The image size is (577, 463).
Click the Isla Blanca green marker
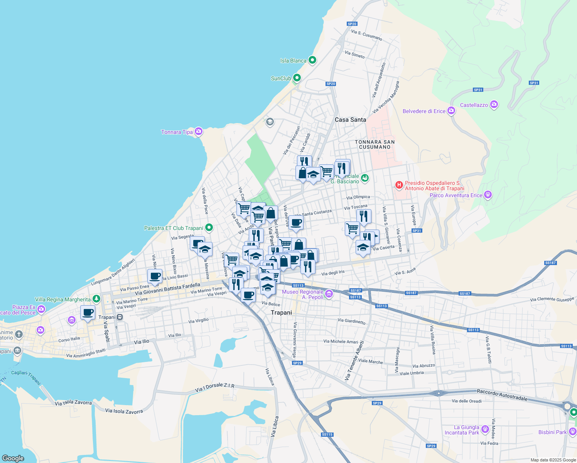[313, 60]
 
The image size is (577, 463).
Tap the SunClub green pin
[297, 78]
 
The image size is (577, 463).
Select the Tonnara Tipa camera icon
[198, 132]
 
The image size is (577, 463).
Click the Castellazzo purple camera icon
[494, 105]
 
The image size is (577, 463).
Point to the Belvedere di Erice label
[424, 111]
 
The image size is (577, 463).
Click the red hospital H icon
[399, 186]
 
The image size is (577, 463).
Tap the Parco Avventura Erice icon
[488, 194]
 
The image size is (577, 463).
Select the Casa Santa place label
[350, 120]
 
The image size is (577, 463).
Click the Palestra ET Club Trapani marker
[209, 228]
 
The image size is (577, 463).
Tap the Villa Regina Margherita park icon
[96, 299]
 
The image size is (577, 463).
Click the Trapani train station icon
[120, 317]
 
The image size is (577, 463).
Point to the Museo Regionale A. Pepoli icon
[329, 294]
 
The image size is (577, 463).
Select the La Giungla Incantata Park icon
[485, 429]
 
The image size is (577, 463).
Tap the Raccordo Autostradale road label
[502, 395]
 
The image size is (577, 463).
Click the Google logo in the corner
[13, 458]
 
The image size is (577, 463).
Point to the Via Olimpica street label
[358, 197]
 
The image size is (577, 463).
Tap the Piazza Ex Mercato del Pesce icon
[41, 309]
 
